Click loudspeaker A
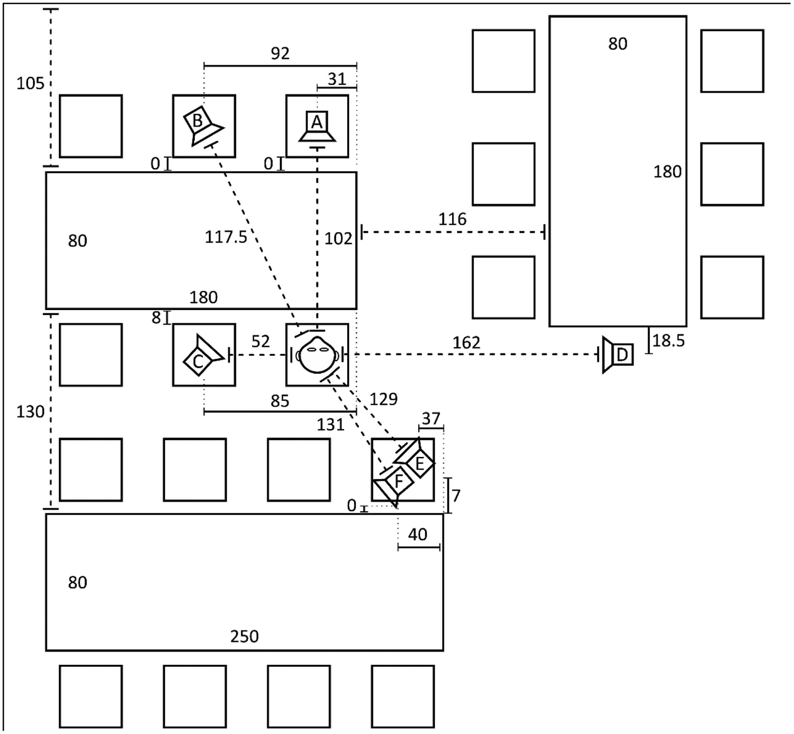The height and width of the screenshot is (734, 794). pos(317,126)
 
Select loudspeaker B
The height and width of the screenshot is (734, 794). pos(203,125)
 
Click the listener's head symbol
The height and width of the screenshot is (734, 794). pos(317,354)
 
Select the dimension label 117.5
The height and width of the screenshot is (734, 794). pos(226,237)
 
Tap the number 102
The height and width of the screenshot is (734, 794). pos(338,239)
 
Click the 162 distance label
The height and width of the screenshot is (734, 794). pos(466,342)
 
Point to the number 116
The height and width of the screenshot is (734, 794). pos(452,219)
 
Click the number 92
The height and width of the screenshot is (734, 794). pos(280,54)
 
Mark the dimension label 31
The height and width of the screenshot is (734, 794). pos(337,79)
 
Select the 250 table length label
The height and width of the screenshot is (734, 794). pos(244,637)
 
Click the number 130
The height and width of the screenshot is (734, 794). pos(30,412)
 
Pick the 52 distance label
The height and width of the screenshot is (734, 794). pos(261,341)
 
